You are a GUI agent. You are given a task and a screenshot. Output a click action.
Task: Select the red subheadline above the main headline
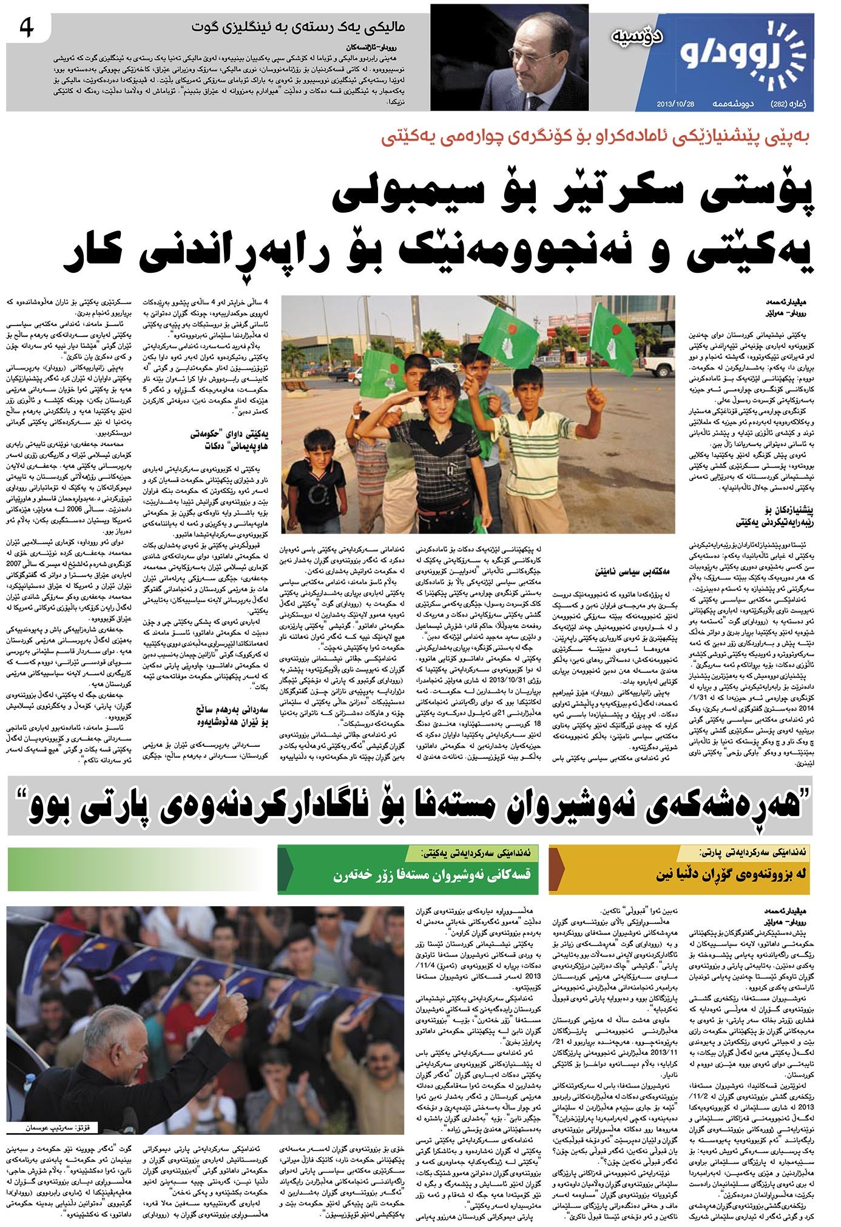[597, 138]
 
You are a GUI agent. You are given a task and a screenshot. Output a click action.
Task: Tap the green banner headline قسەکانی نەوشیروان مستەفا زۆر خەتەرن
[431, 875]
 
